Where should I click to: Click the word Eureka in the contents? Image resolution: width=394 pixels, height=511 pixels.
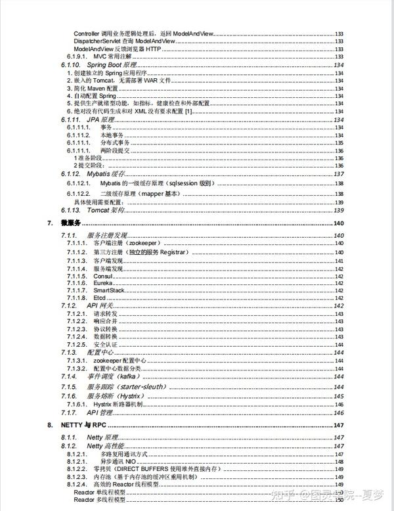[x=102, y=283]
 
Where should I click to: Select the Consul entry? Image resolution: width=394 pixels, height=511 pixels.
[x=102, y=276]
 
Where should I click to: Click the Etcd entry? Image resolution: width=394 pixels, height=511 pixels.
[x=99, y=298]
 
